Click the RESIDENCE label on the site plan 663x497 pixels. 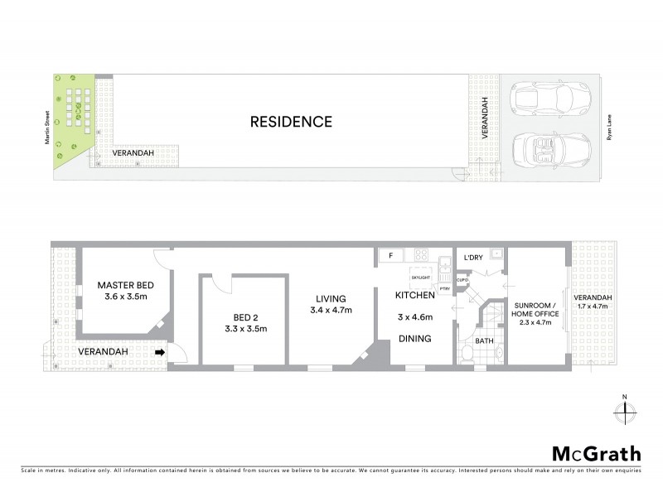tap(291, 122)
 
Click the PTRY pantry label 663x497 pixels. tap(444, 288)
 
